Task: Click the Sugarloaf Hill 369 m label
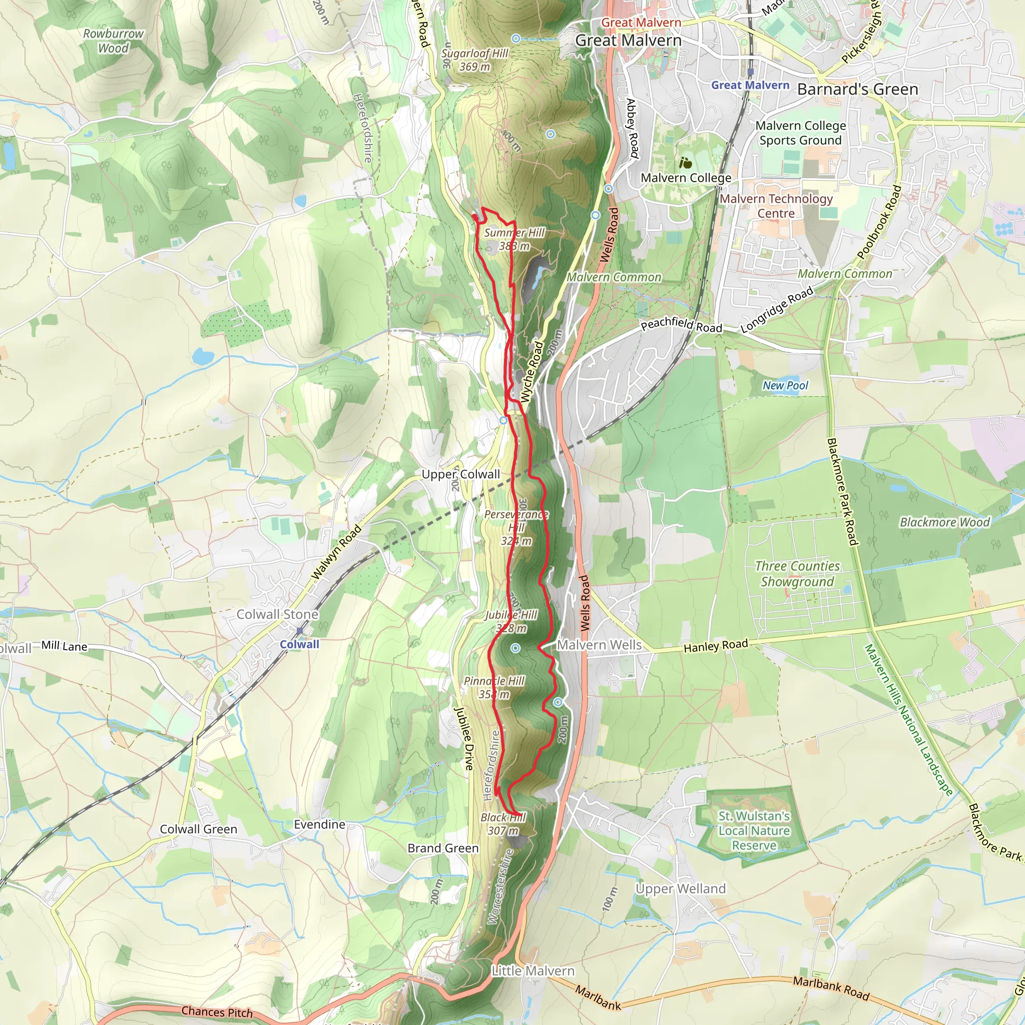(x=474, y=60)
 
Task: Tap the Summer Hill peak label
(x=514, y=239)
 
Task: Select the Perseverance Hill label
(x=516, y=528)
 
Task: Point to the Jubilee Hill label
(x=511, y=621)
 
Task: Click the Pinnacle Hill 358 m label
(x=494, y=688)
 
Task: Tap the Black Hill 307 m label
(x=502, y=824)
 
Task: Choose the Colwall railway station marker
(x=300, y=631)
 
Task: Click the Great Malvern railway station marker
(x=751, y=72)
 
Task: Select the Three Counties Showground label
(x=797, y=574)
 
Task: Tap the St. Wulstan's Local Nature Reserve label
(x=754, y=831)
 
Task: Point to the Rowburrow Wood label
(x=113, y=41)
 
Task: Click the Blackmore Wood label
(x=944, y=523)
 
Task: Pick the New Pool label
(x=785, y=386)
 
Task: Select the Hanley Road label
(x=716, y=646)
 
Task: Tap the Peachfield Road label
(x=681, y=325)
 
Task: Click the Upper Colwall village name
(x=460, y=474)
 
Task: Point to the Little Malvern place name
(x=533, y=971)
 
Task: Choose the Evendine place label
(x=319, y=824)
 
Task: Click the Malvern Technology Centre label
(x=776, y=206)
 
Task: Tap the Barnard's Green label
(x=857, y=89)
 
